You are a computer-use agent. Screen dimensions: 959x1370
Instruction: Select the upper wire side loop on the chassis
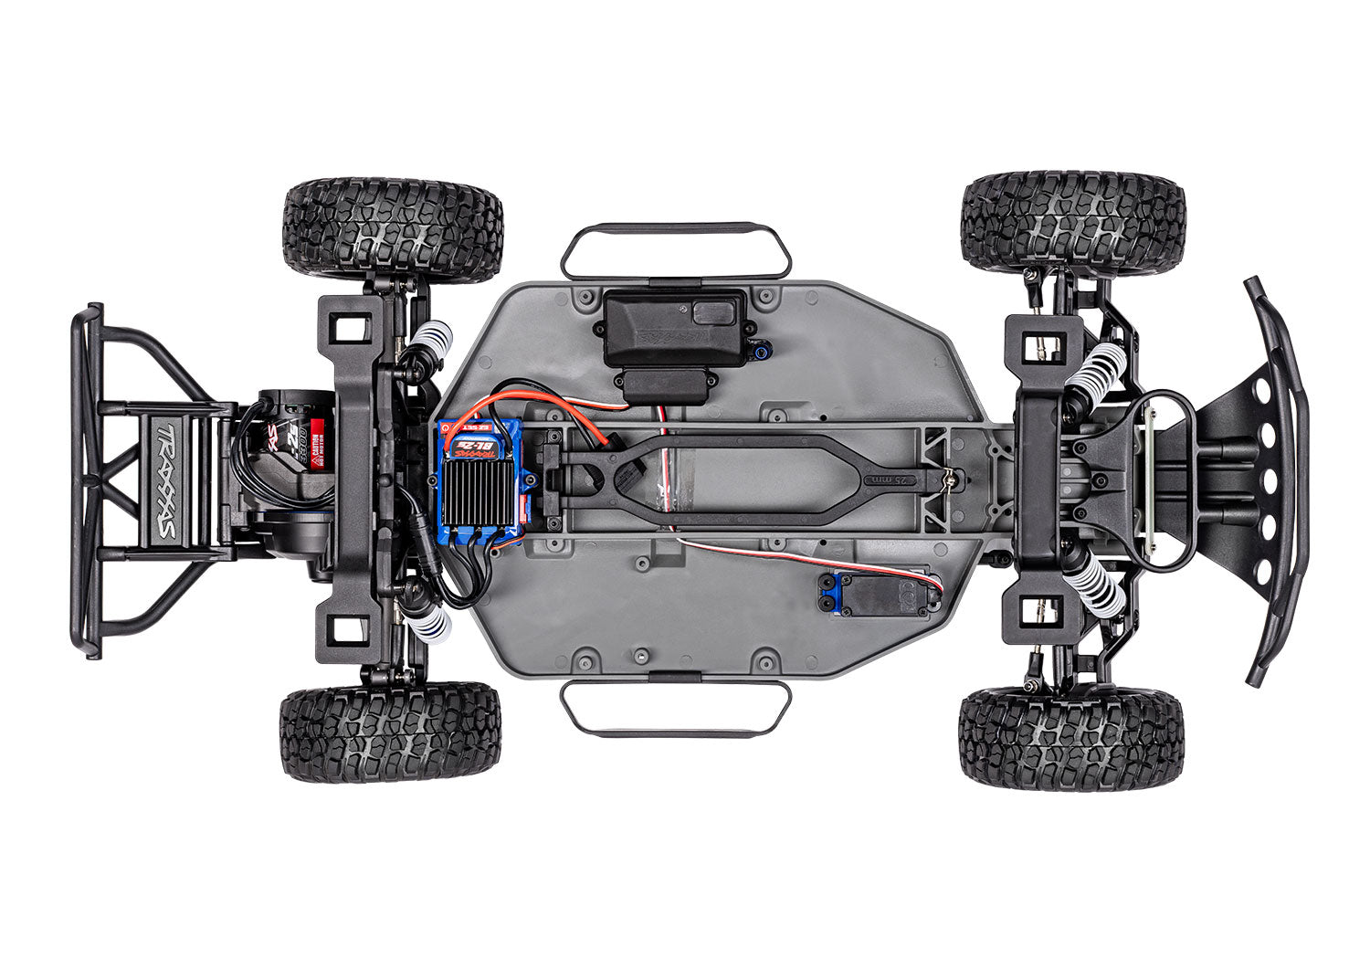point(675,248)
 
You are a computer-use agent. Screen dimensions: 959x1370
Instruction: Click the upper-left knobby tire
point(394,230)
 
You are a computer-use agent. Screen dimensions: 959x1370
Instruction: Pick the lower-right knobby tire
point(1071,738)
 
